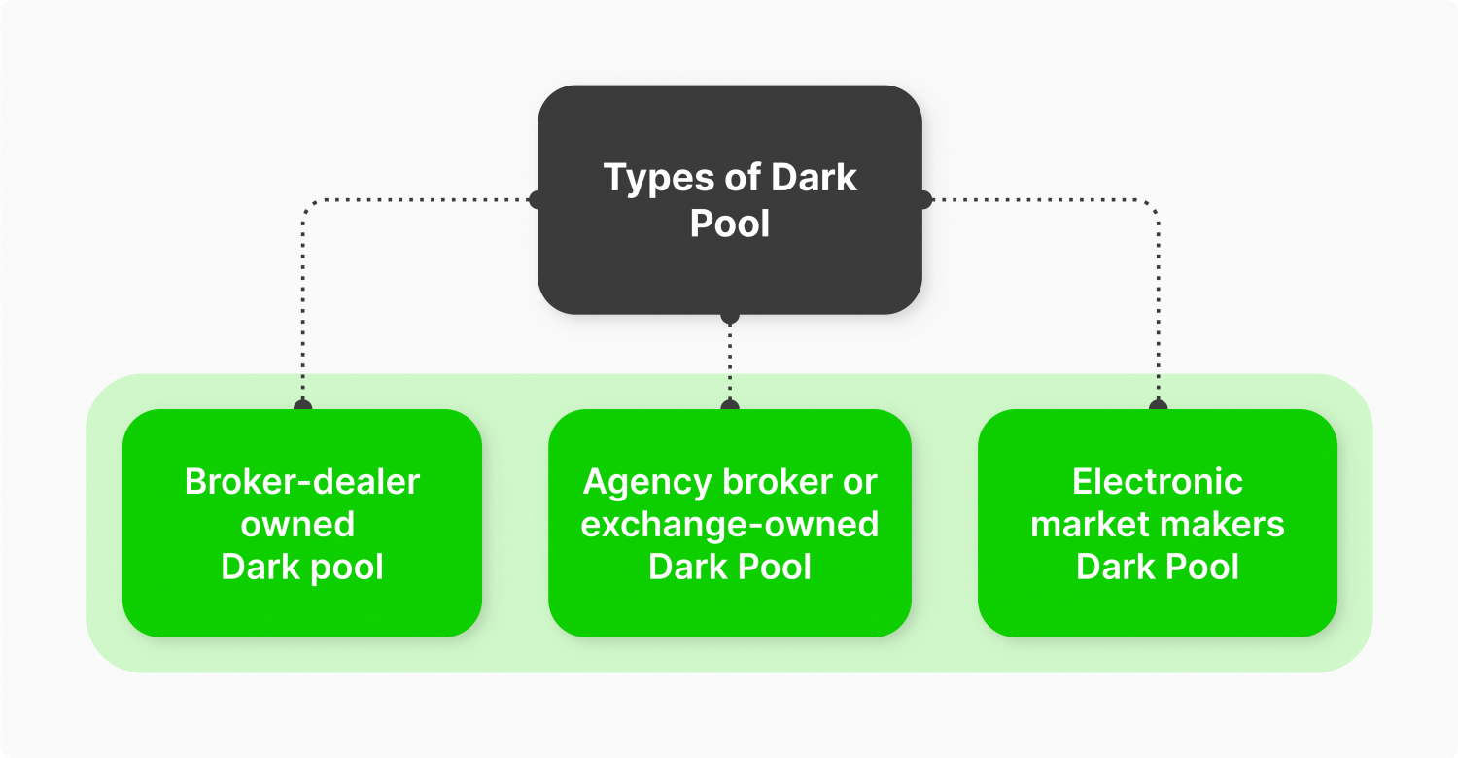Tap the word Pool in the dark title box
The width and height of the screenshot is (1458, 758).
tap(730, 224)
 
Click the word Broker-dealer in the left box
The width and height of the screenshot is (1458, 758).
tap(302, 482)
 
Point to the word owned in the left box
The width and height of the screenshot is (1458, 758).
tap(297, 525)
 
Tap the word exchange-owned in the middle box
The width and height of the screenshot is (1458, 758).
tap(730, 525)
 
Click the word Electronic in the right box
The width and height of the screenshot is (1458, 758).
tap(1158, 482)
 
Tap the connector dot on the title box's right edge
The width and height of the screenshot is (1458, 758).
tap(923, 200)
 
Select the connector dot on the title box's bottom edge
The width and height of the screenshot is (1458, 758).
tap(730, 316)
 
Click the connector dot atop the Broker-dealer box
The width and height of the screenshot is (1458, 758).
tap(302, 406)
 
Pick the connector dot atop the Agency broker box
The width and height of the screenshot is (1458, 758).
tap(730, 406)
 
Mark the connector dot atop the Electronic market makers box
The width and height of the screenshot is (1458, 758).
tap(1157, 406)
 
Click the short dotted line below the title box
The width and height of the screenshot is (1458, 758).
tap(730, 360)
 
